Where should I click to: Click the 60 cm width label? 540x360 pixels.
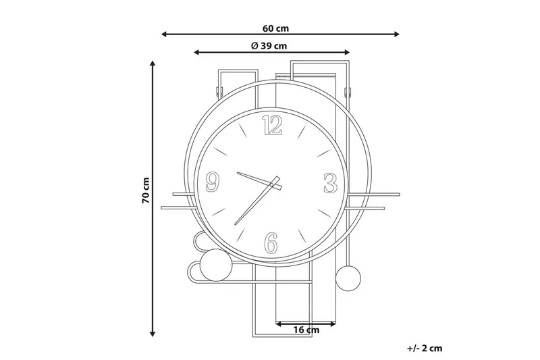(275, 28)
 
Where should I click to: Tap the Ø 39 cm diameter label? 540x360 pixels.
(269, 46)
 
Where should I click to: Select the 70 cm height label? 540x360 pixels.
(146, 190)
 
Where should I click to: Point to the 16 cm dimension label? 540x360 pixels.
(306, 330)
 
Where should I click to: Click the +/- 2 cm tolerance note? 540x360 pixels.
(425, 349)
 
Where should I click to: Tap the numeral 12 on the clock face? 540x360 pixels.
(273, 125)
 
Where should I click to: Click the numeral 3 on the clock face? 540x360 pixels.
(330, 183)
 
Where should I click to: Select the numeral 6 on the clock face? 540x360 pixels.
(271, 242)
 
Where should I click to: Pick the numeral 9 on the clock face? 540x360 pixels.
(213, 182)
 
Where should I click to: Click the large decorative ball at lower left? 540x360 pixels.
(217, 265)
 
